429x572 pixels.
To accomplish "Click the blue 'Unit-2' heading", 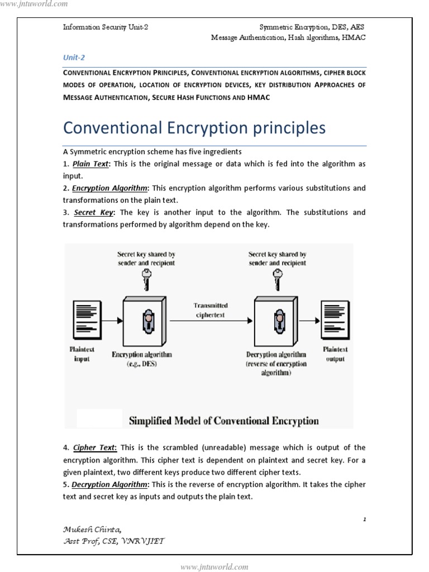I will pos(74,58).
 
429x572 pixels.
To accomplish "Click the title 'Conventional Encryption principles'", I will pos(194,128).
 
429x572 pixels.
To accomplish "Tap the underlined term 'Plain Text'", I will pos(93,164).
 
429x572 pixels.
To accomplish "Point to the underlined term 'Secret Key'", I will pos(93,212).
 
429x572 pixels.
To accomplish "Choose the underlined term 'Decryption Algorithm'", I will pos(109,484).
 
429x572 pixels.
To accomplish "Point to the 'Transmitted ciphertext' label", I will pos(211,309).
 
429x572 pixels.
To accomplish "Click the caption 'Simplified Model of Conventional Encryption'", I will pos(224,421).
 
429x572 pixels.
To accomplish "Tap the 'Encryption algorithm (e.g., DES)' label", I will pos(142,358).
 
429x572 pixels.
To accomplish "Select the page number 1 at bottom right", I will pos(364,519).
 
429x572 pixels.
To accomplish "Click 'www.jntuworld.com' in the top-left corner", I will pos(34,4).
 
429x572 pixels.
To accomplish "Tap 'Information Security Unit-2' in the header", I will pos(106,27).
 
